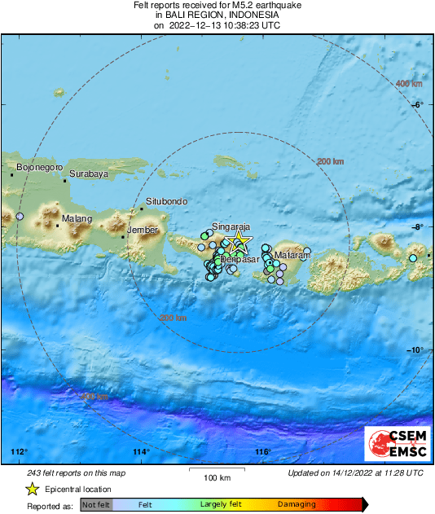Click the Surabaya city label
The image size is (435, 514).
point(89,174)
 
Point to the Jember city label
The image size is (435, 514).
point(144,231)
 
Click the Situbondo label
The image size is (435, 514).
point(167,201)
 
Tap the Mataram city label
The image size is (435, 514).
point(292,256)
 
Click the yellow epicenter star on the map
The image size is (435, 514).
point(239,240)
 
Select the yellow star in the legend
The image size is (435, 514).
point(32,490)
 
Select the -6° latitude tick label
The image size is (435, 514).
point(418,104)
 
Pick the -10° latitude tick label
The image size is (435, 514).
point(416,350)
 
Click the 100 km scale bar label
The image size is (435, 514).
point(217,477)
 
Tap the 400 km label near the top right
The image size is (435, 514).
point(409,84)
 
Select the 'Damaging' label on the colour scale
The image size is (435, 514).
point(297,505)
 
